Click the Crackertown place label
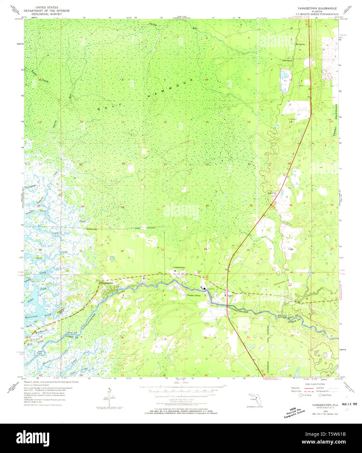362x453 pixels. click(179, 268)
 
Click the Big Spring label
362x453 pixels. click(300, 44)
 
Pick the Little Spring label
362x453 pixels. click(287, 61)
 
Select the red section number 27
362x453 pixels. click(207, 206)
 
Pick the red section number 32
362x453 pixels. click(122, 251)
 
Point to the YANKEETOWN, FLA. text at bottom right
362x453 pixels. click(320, 404)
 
